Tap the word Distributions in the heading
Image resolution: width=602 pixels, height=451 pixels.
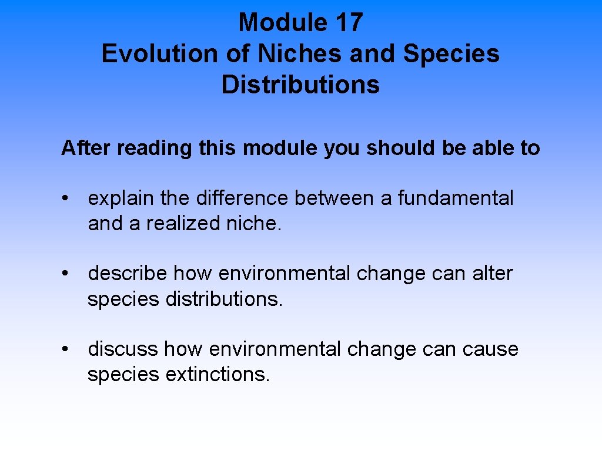(300, 84)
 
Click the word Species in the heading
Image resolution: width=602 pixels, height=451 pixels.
(451, 53)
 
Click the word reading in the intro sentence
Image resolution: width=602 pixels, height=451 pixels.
(154, 148)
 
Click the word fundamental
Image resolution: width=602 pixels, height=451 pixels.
(456, 198)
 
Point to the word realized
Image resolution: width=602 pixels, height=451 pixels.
(175, 224)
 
